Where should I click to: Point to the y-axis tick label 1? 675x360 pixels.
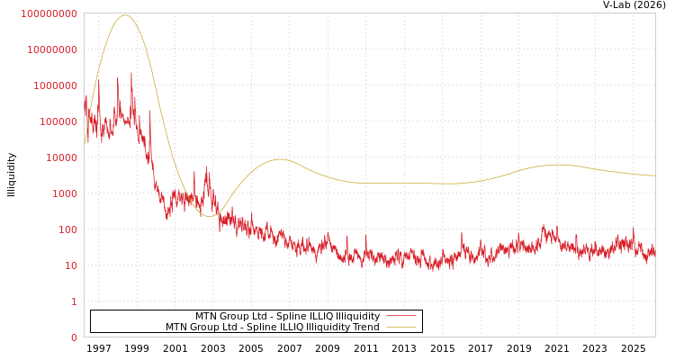(x=74, y=301)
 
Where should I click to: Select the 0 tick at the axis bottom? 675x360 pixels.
(x=74, y=337)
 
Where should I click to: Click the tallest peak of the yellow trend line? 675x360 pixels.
(x=124, y=14)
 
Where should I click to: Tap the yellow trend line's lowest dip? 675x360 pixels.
(x=209, y=216)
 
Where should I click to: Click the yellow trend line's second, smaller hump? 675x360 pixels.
(x=280, y=159)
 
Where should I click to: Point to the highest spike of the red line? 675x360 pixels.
(x=131, y=73)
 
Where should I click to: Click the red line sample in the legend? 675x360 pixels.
(x=401, y=316)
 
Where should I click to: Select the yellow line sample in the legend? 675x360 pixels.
(x=401, y=327)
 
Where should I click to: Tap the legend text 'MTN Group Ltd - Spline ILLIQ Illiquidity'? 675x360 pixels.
(x=287, y=316)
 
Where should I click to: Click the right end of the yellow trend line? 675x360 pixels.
(x=654, y=175)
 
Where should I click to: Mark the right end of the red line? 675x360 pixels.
(x=654, y=253)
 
